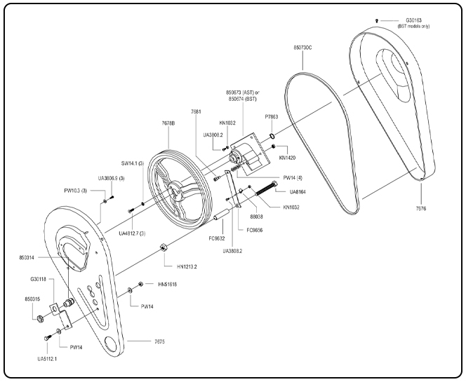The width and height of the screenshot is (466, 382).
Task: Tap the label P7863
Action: pyautogui.click(x=272, y=117)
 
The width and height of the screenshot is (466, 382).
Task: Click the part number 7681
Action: pyautogui.click(x=196, y=111)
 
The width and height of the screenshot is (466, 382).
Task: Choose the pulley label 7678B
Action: pyautogui.click(x=168, y=123)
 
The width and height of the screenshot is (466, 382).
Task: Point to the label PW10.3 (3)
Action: pyautogui.click(x=78, y=190)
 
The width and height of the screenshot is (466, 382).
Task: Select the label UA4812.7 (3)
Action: pyautogui.click(x=133, y=232)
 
